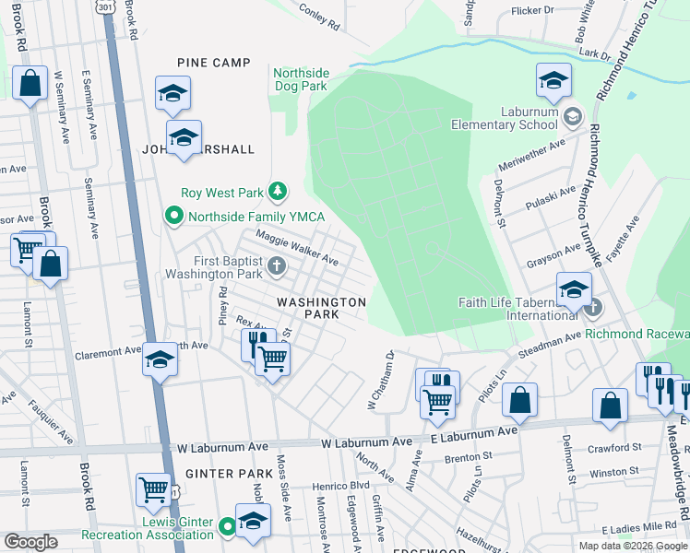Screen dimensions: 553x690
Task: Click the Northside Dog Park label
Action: click(301, 78)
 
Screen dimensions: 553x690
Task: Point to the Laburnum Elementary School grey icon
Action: click(572, 116)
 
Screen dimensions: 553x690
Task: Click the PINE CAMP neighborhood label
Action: click(214, 63)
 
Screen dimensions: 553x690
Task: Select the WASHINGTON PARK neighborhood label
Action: click(323, 308)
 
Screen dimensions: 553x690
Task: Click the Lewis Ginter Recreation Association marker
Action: click(229, 528)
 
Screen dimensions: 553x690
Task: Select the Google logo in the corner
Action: click(30, 542)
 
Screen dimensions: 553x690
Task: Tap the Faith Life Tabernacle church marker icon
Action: click(594, 307)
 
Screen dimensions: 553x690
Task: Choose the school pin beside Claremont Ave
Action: click(160, 359)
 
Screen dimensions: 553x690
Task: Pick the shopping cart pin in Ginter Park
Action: click(153, 489)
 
